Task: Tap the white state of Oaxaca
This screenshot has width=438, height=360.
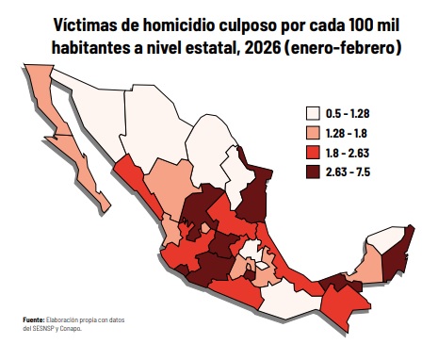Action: pyautogui.click(x=283, y=300)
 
